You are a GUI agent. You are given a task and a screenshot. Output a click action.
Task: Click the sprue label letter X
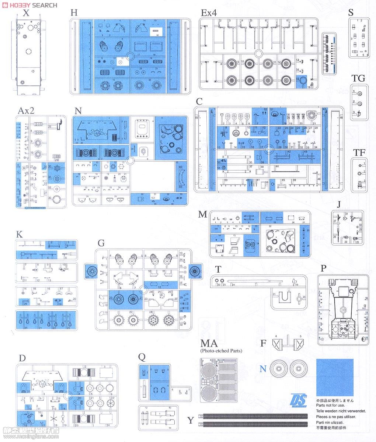[x=25, y=14]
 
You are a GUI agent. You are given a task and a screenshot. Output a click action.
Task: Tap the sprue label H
[x=74, y=13]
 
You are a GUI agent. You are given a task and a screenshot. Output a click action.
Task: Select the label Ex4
[x=209, y=13]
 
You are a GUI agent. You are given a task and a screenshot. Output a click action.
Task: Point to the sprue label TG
[x=358, y=78]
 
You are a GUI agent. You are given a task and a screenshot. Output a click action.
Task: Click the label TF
[x=359, y=152]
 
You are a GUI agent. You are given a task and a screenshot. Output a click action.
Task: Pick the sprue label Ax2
[x=27, y=110]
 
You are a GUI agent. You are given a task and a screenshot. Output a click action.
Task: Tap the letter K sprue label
[x=20, y=235]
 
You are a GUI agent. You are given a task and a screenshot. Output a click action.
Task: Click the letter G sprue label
[x=101, y=243]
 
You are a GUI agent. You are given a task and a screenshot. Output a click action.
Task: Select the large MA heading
[x=209, y=344]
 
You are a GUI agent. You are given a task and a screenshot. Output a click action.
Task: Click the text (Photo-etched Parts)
[x=221, y=351]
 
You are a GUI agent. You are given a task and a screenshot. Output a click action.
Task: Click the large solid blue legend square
[x=334, y=376]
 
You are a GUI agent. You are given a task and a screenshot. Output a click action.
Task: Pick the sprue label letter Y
[x=191, y=420]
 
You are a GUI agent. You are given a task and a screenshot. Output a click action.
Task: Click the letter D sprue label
[x=22, y=358]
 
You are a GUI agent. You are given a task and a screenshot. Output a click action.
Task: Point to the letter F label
[x=263, y=343]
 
